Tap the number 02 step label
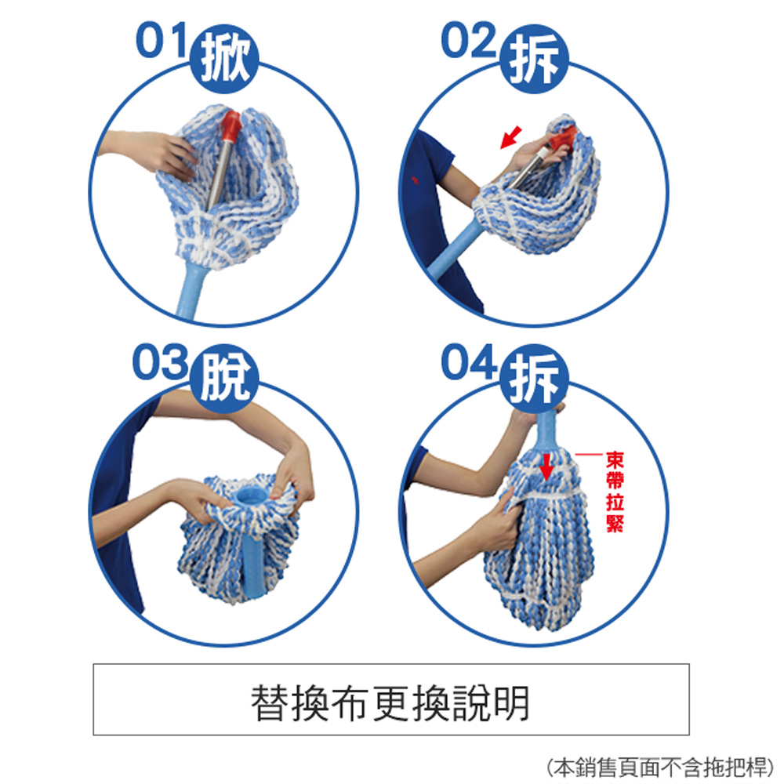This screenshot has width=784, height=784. (x=469, y=42)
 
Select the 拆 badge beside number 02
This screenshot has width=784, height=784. (x=532, y=60)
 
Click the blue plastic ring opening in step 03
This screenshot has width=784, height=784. (x=250, y=495)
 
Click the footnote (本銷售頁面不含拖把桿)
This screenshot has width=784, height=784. (x=657, y=765)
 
